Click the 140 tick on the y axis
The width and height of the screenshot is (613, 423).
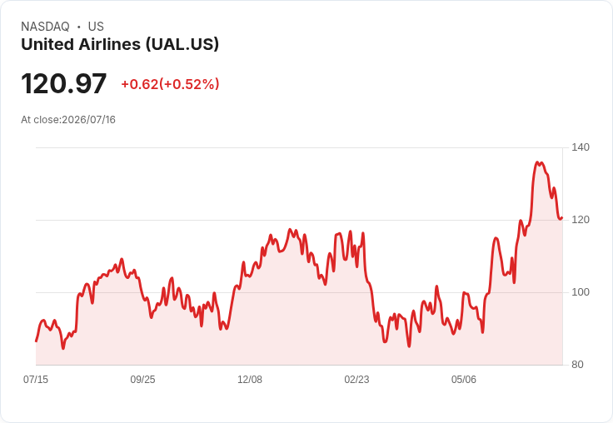click(581, 147)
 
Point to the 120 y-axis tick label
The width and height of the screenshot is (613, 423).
click(581, 220)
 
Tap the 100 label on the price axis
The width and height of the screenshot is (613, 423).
click(581, 292)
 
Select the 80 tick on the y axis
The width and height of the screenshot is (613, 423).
click(577, 365)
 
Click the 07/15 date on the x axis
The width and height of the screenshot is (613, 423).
click(36, 379)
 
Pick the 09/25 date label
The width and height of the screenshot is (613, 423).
click(142, 379)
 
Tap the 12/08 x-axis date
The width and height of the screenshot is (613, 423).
click(250, 379)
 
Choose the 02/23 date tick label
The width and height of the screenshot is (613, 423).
click(356, 379)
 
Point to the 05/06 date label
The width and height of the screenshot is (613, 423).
click(464, 379)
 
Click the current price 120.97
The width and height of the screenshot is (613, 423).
click(64, 83)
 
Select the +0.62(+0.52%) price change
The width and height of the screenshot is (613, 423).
click(170, 84)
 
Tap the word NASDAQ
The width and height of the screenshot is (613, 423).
click(45, 27)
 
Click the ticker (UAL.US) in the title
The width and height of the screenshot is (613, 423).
click(182, 44)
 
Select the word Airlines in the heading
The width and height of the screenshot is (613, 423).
click(109, 44)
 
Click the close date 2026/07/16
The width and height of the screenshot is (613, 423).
click(89, 120)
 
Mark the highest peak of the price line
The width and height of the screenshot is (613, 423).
click(537, 162)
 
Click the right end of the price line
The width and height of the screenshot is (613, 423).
click(562, 218)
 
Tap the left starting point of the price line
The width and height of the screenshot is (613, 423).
click(36, 341)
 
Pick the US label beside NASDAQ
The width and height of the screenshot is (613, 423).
click(96, 27)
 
